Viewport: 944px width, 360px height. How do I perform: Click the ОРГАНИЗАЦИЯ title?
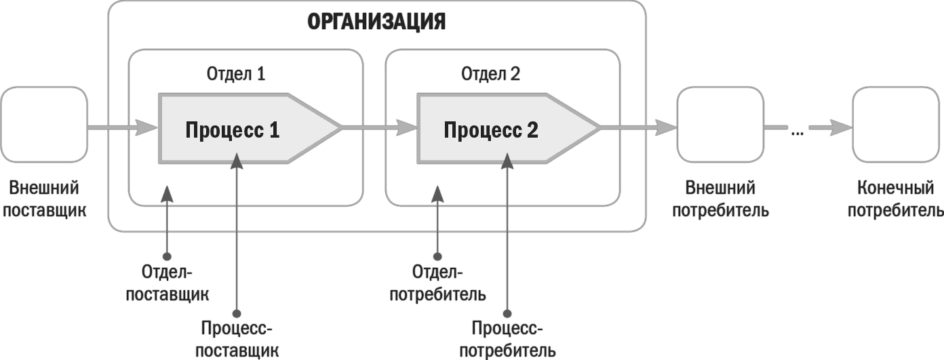376,22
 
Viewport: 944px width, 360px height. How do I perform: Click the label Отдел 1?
236,74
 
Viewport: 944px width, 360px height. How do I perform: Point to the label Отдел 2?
490,74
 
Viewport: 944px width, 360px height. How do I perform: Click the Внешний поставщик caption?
44,199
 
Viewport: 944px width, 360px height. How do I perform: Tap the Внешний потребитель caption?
720,199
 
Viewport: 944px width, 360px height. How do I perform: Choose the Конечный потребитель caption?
895,199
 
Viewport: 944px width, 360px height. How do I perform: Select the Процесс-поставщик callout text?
237,340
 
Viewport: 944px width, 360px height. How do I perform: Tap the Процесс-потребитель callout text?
507,340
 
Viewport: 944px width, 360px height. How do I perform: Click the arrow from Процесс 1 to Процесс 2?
380,127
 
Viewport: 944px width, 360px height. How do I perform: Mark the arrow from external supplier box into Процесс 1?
122,127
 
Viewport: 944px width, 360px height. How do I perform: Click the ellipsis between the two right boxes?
797,132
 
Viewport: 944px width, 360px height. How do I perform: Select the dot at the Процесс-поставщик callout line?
237,313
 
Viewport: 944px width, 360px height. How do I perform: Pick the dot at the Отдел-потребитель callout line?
437,257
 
